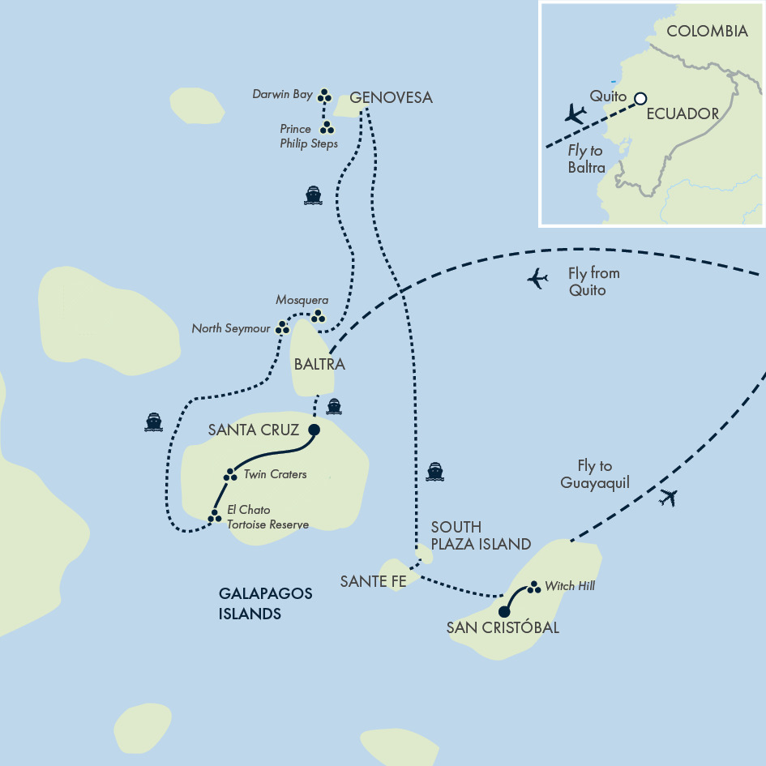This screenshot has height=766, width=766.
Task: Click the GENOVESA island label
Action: point(391,98)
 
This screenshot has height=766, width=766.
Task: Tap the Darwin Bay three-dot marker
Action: point(324,96)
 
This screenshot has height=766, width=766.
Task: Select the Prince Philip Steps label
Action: point(308,136)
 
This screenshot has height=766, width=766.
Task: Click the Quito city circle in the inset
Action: point(640,98)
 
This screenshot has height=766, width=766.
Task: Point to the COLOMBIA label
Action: point(706,32)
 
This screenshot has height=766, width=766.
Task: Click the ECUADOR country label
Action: point(683,114)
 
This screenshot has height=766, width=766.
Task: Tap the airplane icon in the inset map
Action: point(575,113)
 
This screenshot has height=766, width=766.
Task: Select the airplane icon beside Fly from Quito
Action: point(537,279)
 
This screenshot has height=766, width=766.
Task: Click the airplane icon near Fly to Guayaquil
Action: point(668,497)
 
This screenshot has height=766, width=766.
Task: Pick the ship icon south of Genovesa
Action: point(314,195)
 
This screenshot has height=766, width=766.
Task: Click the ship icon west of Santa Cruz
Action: point(153,422)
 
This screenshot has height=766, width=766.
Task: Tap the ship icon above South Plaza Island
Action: point(435,472)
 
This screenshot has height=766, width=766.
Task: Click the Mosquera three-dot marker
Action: point(318,315)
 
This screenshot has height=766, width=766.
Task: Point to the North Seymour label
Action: point(230,329)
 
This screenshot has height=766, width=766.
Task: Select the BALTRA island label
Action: point(319,365)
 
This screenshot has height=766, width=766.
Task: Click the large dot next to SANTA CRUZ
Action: point(315,430)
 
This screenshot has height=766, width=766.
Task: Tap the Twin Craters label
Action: point(275,474)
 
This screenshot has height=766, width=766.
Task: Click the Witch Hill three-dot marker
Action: point(533,587)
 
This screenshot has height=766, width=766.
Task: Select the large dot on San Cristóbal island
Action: point(504,611)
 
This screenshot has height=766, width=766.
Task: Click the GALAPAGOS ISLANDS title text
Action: point(264,604)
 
